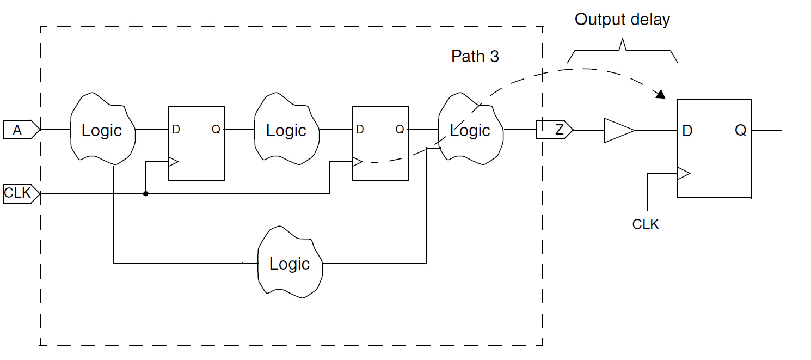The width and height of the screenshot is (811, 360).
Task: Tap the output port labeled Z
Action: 554,130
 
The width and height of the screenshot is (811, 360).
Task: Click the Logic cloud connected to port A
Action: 102,130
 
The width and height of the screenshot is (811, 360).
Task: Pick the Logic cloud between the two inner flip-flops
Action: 286,130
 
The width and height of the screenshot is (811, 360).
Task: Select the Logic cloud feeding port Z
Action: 470,130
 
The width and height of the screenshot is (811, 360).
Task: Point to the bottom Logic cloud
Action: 290,264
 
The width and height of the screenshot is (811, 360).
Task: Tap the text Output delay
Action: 622,20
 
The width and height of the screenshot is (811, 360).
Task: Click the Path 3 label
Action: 475,56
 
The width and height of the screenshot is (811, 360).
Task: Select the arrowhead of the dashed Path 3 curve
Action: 661,95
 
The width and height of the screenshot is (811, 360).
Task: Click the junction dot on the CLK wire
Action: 146,193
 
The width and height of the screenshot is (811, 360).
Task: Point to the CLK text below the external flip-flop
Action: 646,224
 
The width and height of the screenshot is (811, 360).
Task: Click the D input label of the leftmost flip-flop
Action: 176,130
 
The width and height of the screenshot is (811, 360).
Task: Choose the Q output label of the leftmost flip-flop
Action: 216,130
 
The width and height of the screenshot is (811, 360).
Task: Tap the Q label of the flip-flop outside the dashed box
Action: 740,131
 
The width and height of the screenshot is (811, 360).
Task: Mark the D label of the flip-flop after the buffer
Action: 687,131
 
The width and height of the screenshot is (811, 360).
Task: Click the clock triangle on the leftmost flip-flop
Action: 174,162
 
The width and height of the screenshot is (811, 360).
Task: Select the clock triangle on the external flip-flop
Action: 684,174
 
